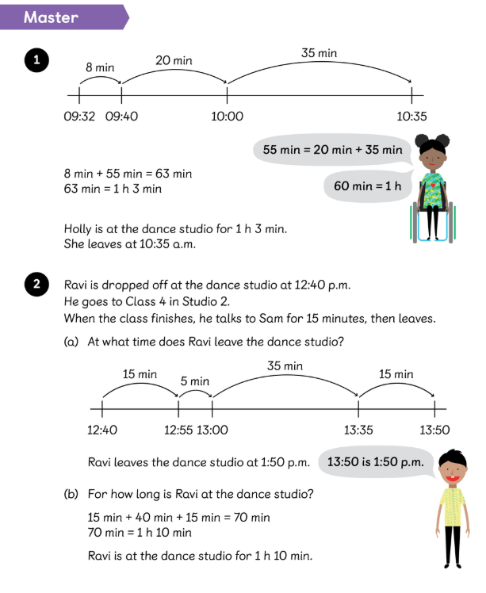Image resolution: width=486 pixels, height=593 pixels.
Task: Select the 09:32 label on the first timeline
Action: (79, 117)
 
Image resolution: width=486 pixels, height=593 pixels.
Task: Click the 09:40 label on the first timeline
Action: (121, 117)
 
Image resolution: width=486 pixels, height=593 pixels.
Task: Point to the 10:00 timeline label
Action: (228, 117)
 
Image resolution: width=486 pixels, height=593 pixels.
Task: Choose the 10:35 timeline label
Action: (412, 117)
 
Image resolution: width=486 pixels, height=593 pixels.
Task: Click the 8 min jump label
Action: (100, 68)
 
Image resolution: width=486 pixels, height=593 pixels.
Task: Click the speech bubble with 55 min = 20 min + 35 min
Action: (333, 149)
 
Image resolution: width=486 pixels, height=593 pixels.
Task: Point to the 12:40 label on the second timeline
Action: (102, 430)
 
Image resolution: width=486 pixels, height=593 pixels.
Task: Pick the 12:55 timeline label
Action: (178, 430)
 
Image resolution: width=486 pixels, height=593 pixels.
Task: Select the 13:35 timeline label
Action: (359, 430)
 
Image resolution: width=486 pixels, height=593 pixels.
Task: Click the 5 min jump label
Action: (195, 381)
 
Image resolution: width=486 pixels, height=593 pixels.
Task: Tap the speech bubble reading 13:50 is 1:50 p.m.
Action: (377, 461)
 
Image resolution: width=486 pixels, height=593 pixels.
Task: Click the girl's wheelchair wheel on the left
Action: (413, 222)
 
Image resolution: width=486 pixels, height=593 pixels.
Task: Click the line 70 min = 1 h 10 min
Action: (140, 532)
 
